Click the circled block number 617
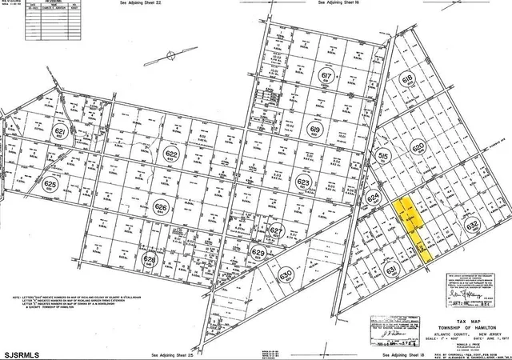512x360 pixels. coord(326,77)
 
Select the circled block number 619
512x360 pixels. coord(314,130)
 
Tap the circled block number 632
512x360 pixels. coord(472,226)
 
